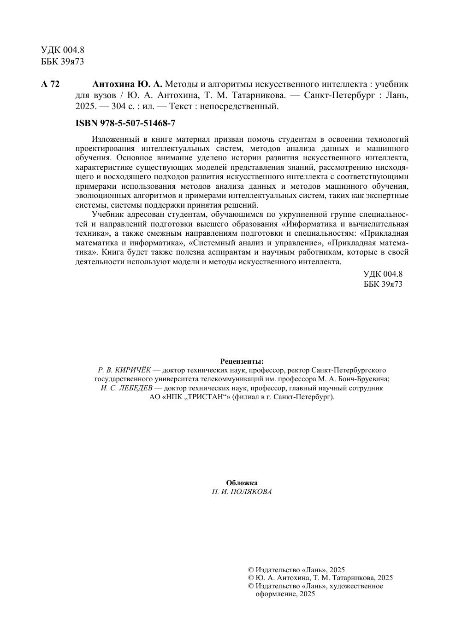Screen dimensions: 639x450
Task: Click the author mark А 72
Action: (x=50, y=84)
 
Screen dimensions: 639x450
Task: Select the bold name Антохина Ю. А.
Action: (x=127, y=84)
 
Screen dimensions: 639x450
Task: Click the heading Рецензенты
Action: (x=242, y=361)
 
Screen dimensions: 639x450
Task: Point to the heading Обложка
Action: (x=242, y=483)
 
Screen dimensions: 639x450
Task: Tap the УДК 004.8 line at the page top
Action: (x=63, y=50)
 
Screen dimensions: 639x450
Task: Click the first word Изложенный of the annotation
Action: (x=114, y=139)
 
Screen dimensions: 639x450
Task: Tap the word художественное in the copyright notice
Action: (x=356, y=586)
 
